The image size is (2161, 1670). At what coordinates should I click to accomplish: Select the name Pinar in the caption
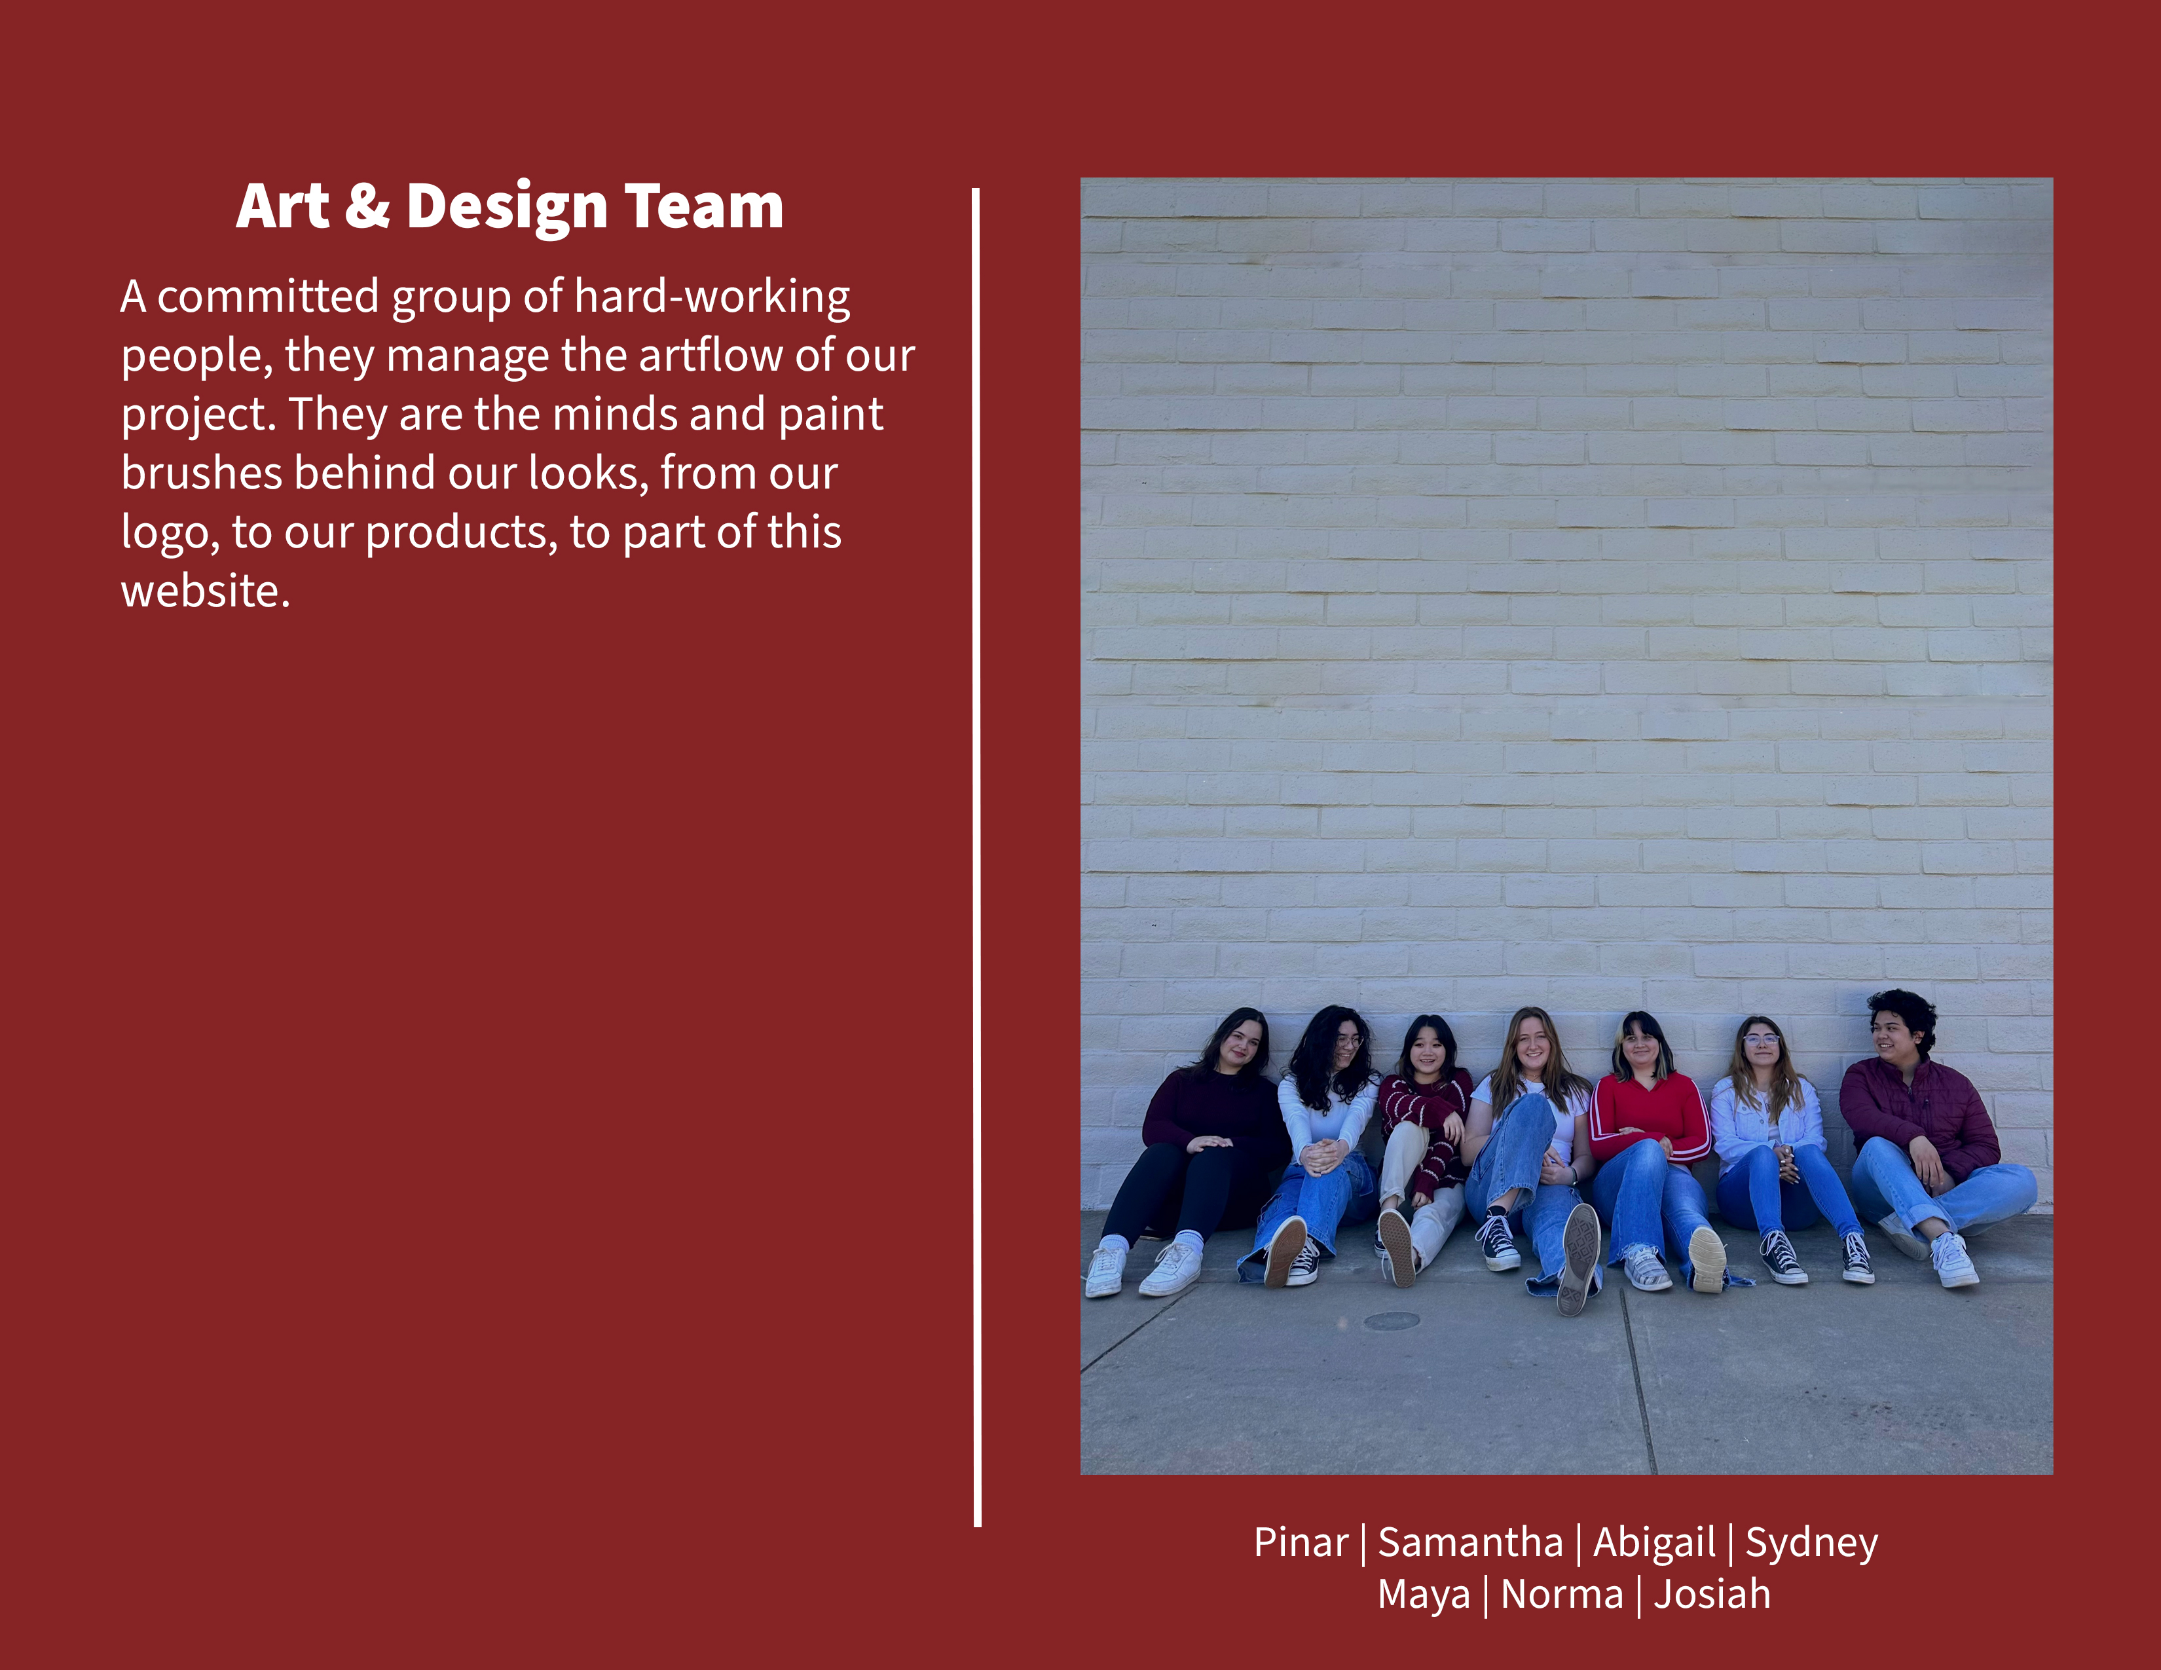1300,1542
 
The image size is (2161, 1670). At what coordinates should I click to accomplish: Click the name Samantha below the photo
1470,1542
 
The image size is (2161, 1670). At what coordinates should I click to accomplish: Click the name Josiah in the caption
1712,1595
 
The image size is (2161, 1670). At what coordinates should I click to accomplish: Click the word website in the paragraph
205,591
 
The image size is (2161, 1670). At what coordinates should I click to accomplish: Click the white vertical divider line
976,857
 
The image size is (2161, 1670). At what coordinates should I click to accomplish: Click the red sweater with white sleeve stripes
1650,1116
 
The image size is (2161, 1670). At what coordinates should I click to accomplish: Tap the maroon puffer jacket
1919,1113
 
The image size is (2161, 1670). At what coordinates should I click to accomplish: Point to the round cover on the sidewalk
1391,1320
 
